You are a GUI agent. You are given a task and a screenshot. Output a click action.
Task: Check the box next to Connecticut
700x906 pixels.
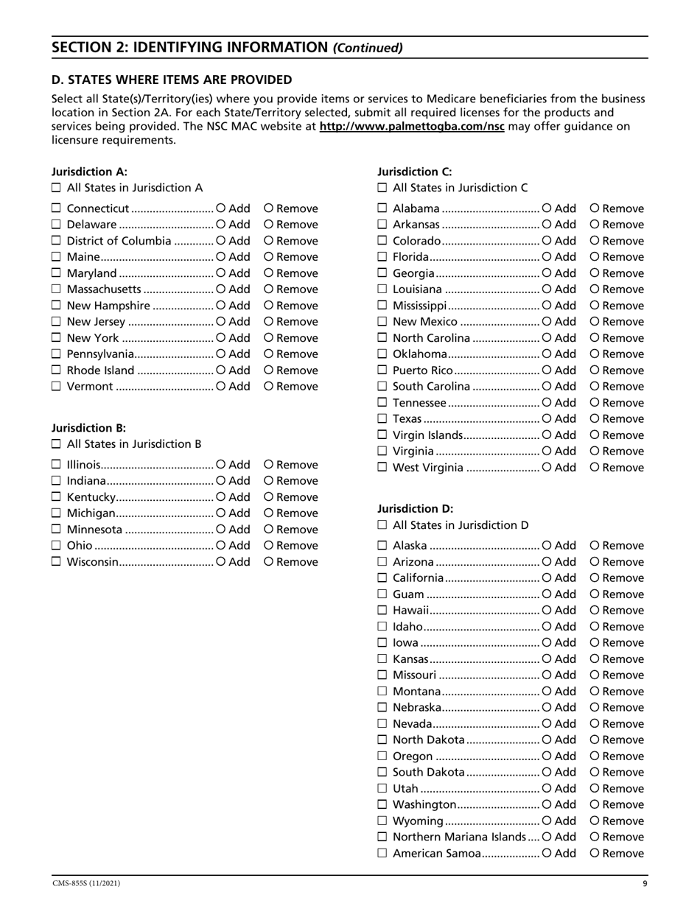tap(57, 208)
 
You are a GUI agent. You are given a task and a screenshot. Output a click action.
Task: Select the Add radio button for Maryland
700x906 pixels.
tap(220, 273)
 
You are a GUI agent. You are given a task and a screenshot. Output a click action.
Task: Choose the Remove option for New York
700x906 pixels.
tap(269, 338)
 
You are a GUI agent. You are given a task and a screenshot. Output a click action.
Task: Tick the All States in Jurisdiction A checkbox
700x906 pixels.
tap(57, 188)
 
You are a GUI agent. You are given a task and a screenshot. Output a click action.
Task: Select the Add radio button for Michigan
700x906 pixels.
tap(220, 513)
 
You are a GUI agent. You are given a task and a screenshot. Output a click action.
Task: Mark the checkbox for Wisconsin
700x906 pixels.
tap(57, 562)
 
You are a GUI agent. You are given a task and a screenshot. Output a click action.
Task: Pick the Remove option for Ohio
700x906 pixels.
tap(269, 546)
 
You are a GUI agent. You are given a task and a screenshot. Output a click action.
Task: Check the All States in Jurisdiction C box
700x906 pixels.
tap(382, 188)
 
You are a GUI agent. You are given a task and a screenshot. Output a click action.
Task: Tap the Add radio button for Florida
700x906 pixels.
tap(546, 257)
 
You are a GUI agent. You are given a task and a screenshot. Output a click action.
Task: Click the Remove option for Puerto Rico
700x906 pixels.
tap(595, 371)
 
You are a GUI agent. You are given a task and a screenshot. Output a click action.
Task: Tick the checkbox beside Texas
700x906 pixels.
tap(382, 419)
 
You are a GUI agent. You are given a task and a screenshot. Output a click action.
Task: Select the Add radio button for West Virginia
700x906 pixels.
tap(546, 468)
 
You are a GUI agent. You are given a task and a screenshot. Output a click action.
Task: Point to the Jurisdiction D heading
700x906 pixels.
tap(415, 508)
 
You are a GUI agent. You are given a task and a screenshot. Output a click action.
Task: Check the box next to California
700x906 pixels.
tap(382, 578)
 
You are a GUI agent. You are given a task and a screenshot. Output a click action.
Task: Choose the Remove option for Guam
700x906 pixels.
tap(595, 594)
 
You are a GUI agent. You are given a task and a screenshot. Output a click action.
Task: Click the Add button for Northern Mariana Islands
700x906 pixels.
tap(546, 837)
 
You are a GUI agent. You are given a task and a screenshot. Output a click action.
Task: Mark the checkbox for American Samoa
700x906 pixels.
tap(382, 854)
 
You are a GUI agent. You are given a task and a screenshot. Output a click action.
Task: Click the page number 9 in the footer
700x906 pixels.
tap(645, 883)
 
